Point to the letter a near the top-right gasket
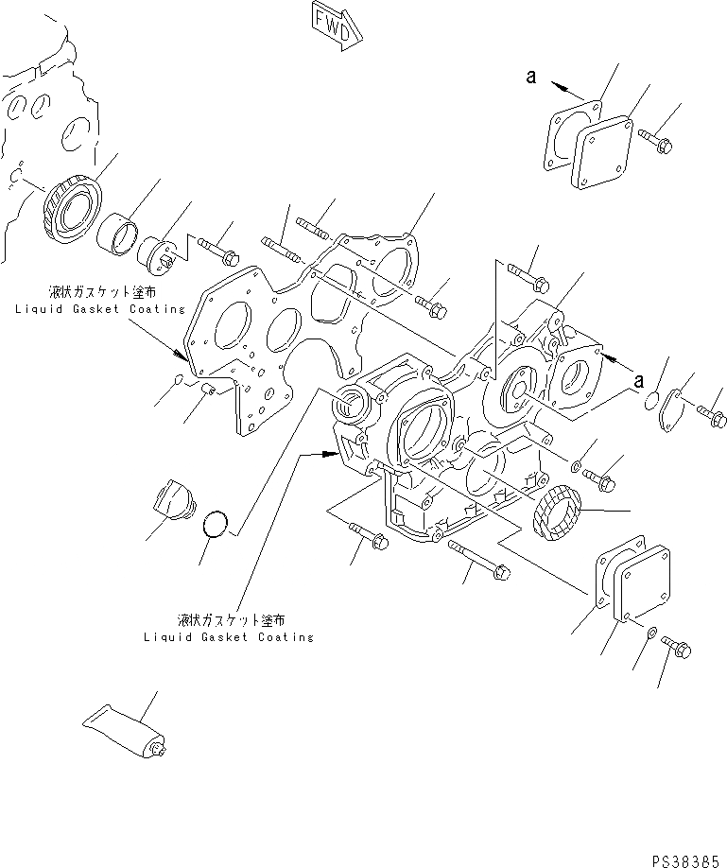532,79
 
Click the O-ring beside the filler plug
216,525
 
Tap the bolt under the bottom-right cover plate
678,648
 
